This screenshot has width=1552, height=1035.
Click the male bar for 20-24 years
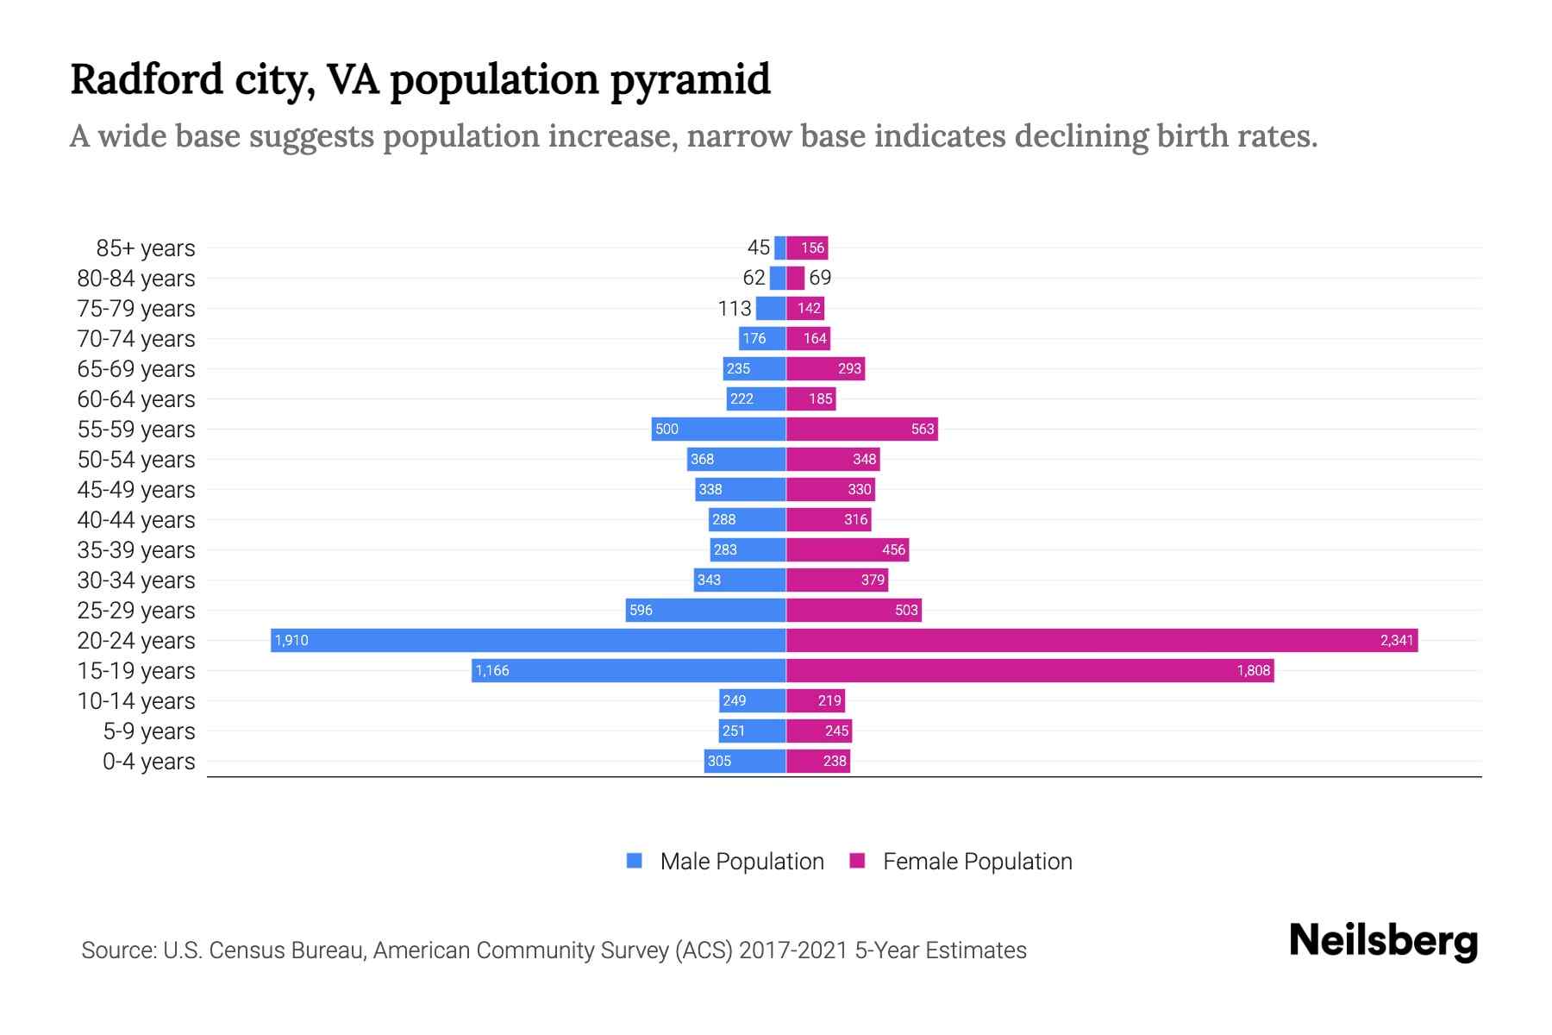(x=528, y=640)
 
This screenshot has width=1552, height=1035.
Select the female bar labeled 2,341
(x=1102, y=640)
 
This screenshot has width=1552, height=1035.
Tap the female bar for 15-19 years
(x=1030, y=670)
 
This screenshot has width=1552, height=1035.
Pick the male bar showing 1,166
(x=629, y=670)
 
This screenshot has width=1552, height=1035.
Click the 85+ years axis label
(x=145, y=248)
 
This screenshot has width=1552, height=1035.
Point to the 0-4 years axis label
(x=148, y=762)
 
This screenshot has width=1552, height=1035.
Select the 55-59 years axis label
(x=136, y=430)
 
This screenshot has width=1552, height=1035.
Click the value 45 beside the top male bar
(x=758, y=248)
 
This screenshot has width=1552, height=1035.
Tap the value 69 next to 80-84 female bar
(x=820, y=278)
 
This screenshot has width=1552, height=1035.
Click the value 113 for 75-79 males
(x=735, y=308)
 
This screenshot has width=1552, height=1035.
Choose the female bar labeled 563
(x=862, y=429)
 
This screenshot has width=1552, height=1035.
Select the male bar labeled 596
(x=705, y=610)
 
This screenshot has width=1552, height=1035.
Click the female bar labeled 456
(x=848, y=549)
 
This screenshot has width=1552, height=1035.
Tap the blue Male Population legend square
(x=635, y=861)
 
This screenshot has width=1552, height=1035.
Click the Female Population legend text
(x=977, y=862)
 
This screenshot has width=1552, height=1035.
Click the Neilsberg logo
(x=1383, y=940)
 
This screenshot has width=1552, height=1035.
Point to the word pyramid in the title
(x=690, y=80)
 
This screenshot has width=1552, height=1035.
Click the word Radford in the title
(x=147, y=79)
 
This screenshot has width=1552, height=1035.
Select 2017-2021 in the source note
(x=793, y=950)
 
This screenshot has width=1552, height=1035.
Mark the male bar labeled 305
(x=745, y=761)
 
